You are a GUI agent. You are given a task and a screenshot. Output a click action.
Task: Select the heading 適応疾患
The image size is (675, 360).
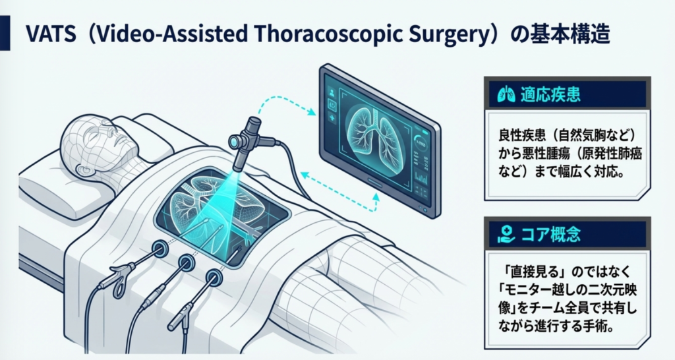click(550, 94)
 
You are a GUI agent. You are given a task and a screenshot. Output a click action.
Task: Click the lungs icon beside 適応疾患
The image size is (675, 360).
click(506, 94)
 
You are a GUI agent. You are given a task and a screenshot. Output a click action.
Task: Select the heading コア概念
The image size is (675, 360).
click(550, 235)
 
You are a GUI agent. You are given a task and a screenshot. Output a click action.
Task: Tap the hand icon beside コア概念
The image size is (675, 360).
click(506, 235)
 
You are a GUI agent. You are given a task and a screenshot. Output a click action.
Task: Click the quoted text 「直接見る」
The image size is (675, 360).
click(533, 272)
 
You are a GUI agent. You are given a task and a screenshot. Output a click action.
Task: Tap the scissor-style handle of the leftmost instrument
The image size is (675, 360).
click(119, 280)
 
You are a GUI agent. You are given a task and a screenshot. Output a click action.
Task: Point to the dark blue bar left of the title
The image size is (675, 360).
click(5, 33)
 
